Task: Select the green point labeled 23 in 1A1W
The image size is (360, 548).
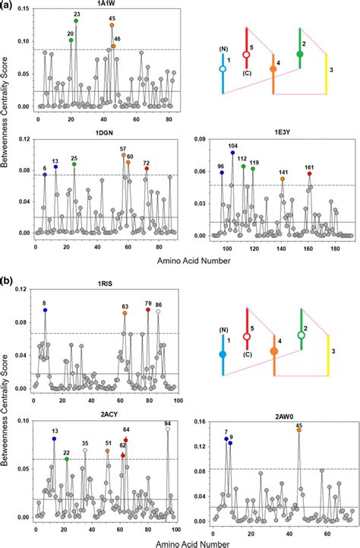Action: (x=76, y=21)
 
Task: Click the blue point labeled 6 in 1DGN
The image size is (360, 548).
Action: (x=45, y=175)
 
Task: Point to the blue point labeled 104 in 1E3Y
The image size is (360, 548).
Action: (x=232, y=153)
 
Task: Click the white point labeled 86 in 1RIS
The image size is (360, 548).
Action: (x=158, y=312)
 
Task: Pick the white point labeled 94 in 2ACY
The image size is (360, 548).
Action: (x=168, y=429)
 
